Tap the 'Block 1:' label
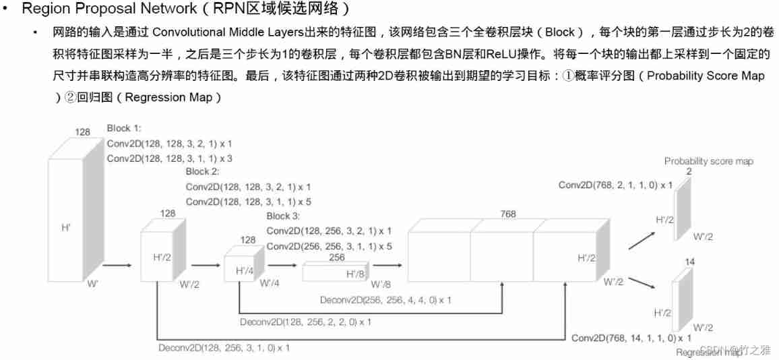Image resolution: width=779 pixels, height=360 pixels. [x=124, y=128]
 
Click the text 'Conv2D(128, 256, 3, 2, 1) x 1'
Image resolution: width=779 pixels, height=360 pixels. [x=328, y=231]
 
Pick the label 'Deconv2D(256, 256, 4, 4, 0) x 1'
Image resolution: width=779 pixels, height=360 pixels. [x=386, y=299]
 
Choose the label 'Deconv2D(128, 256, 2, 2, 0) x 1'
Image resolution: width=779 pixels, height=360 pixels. [x=305, y=322]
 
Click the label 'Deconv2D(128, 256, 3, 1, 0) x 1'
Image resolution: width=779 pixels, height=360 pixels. [x=224, y=348]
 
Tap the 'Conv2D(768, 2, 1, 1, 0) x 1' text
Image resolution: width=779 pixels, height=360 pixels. [x=615, y=185]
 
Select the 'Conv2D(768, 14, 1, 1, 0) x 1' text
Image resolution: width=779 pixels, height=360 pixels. [x=631, y=336]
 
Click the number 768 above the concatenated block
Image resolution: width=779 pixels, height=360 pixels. [x=507, y=214]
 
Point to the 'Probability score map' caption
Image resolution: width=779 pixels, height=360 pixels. [x=708, y=161]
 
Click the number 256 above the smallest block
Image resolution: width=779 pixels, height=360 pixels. [x=337, y=258]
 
